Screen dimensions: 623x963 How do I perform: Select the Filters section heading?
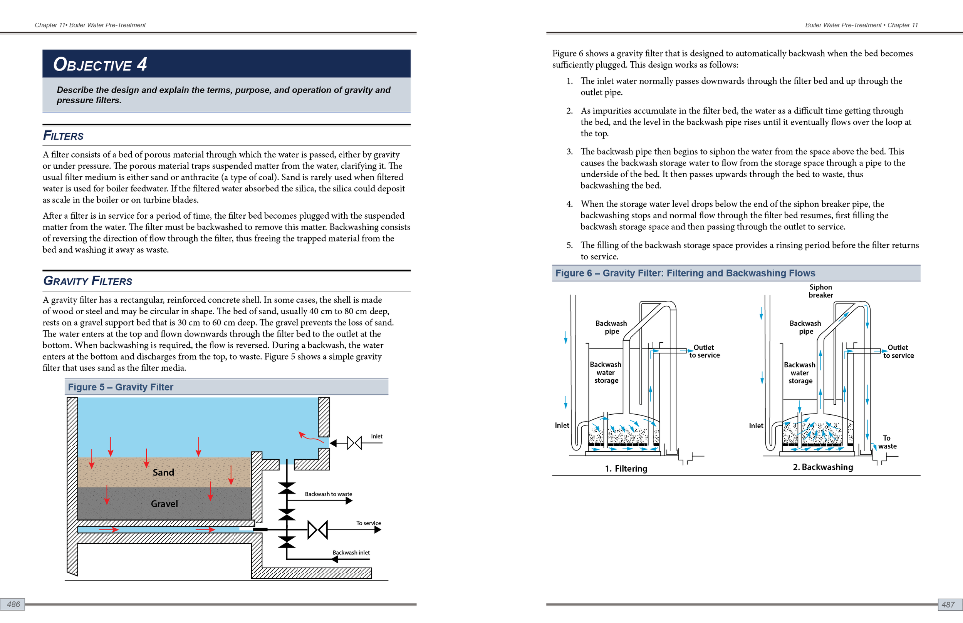click(x=63, y=136)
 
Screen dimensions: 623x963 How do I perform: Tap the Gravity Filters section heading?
click(x=87, y=281)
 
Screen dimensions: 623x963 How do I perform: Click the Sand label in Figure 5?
click(x=163, y=472)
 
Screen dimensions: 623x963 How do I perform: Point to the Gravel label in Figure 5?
click(x=164, y=504)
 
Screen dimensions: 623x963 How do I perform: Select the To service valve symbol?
click(x=317, y=529)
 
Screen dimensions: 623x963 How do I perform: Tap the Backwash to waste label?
click(x=328, y=494)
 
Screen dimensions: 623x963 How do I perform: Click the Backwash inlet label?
click(x=351, y=553)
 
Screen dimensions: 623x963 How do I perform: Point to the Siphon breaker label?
click(x=820, y=291)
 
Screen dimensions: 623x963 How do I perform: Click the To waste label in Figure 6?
click(x=887, y=442)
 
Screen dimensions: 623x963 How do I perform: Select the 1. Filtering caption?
click(x=626, y=469)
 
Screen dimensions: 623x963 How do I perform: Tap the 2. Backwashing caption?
click(x=823, y=467)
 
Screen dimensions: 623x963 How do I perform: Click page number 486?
click(x=13, y=605)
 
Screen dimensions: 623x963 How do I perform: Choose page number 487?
click(x=948, y=605)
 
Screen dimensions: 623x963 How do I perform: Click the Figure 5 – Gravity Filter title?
click(x=121, y=387)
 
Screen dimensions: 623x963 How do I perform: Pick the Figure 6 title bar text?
click(x=685, y=273)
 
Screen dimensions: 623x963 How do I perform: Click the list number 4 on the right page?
click(x=569, y=204)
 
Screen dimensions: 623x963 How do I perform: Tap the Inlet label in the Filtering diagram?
click(x=562, y=425)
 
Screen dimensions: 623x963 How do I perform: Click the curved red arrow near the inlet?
click(x=311, y=437)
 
